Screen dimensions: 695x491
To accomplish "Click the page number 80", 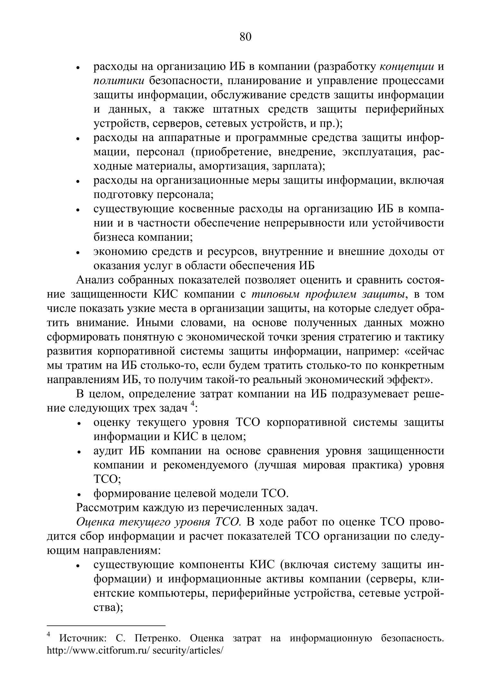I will point(245,37).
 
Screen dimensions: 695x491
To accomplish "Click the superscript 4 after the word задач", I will point(192,404).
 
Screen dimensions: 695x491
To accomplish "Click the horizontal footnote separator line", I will point(106,625).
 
